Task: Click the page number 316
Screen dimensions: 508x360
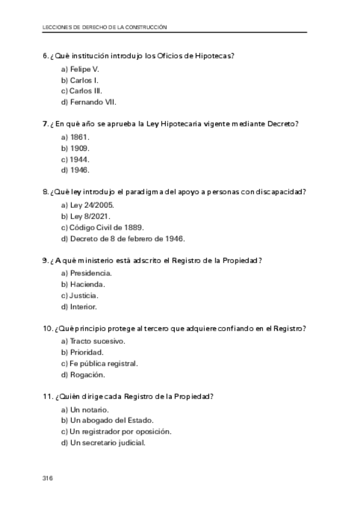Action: [48, 478]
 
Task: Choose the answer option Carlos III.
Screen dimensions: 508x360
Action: [81, 91]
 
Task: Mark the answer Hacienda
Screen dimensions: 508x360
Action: [83, 284]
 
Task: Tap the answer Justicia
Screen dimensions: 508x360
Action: [80, 295]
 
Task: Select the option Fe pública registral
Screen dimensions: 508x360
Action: [99, 364]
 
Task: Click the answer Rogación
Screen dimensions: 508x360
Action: [83, 375]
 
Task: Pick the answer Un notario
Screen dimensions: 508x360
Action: [84, 409]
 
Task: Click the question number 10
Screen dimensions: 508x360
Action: [48, 329]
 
